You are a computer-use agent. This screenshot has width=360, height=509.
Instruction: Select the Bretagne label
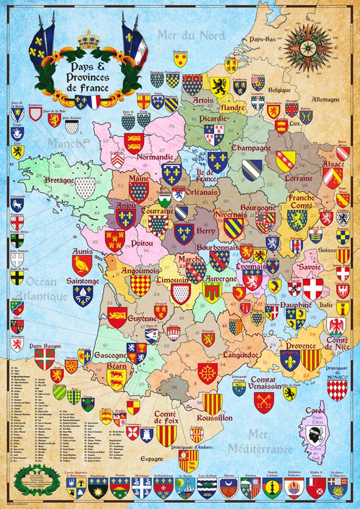tap(59, 181)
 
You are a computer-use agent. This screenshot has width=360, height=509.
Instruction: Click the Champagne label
tap(251, 148)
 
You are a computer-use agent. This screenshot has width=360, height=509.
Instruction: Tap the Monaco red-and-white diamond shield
tap(337, 389)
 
